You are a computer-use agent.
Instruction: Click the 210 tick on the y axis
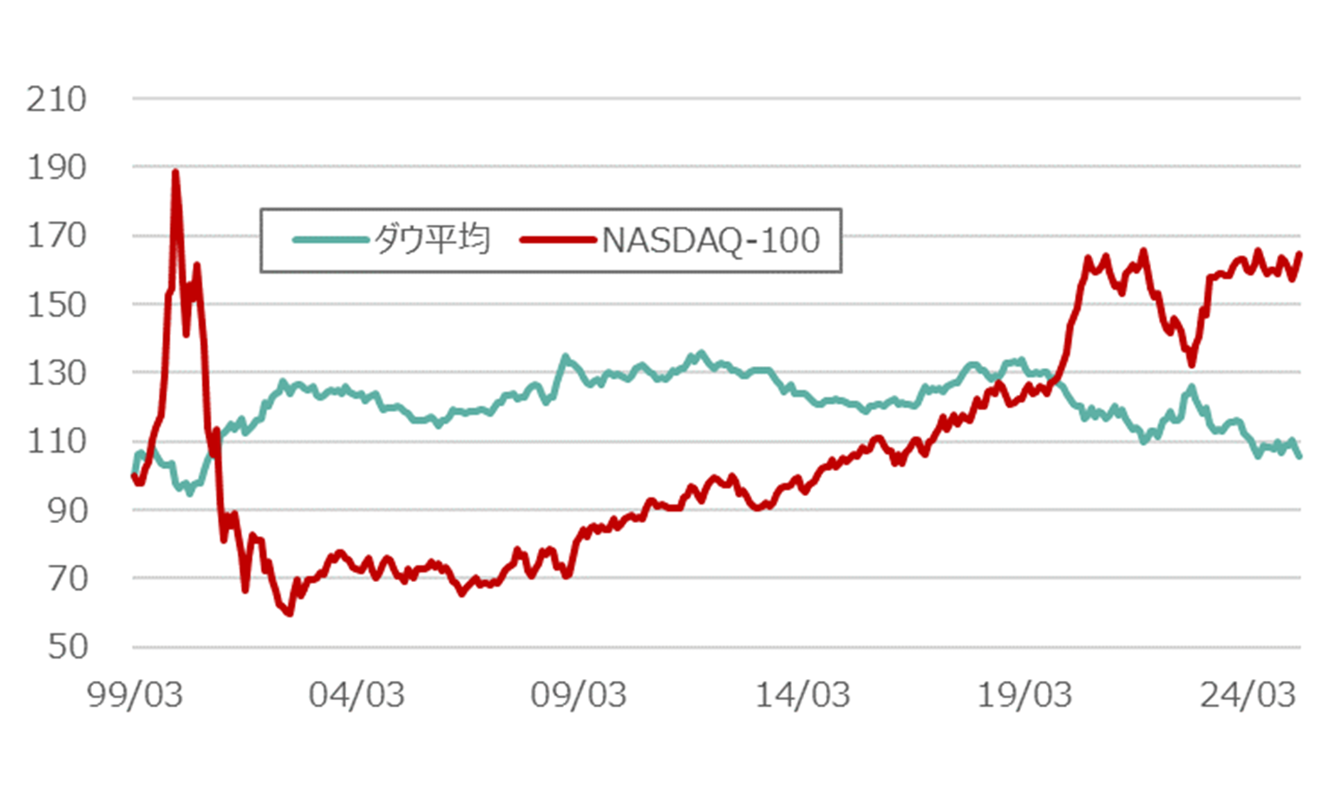(56, 100)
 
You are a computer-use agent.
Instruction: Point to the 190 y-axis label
(56, 167)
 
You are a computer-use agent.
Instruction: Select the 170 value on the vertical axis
(56, 236)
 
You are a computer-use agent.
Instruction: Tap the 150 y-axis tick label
(56, 304)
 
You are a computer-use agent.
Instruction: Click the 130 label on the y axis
(56, 373)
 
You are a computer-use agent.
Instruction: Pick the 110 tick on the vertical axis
(56, 442)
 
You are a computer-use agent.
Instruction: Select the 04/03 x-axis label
(357, 696)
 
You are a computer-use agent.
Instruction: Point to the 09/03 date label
(579, 696)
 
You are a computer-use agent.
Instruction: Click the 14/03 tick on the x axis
(802, 696)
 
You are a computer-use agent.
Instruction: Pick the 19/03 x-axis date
(1025, 696)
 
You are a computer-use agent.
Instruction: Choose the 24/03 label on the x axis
(1247, 696)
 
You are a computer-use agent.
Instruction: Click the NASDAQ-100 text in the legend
(710, 240)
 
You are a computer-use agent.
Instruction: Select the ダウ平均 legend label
(432, 240)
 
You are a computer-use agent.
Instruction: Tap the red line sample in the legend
(558, 240)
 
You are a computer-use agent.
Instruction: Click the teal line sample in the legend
(331, 240)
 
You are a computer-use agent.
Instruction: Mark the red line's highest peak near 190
(175, 172)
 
